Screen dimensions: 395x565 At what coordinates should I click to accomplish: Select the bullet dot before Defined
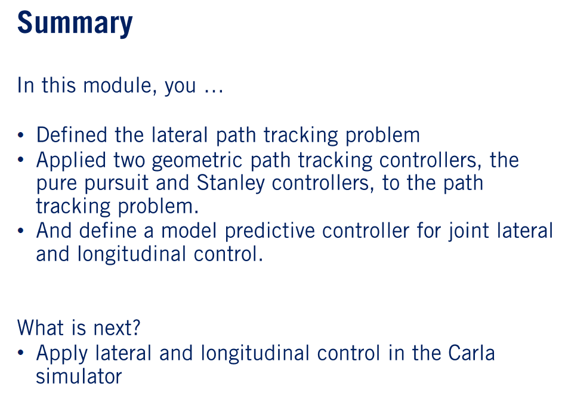[22, 136]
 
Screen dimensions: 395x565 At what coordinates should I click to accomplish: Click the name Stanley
[230, 183]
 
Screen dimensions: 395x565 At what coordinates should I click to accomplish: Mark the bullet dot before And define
[22, 231]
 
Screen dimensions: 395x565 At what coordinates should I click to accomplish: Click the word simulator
[79, 376]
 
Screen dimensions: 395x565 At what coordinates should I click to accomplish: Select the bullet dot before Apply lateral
[22, 354]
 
